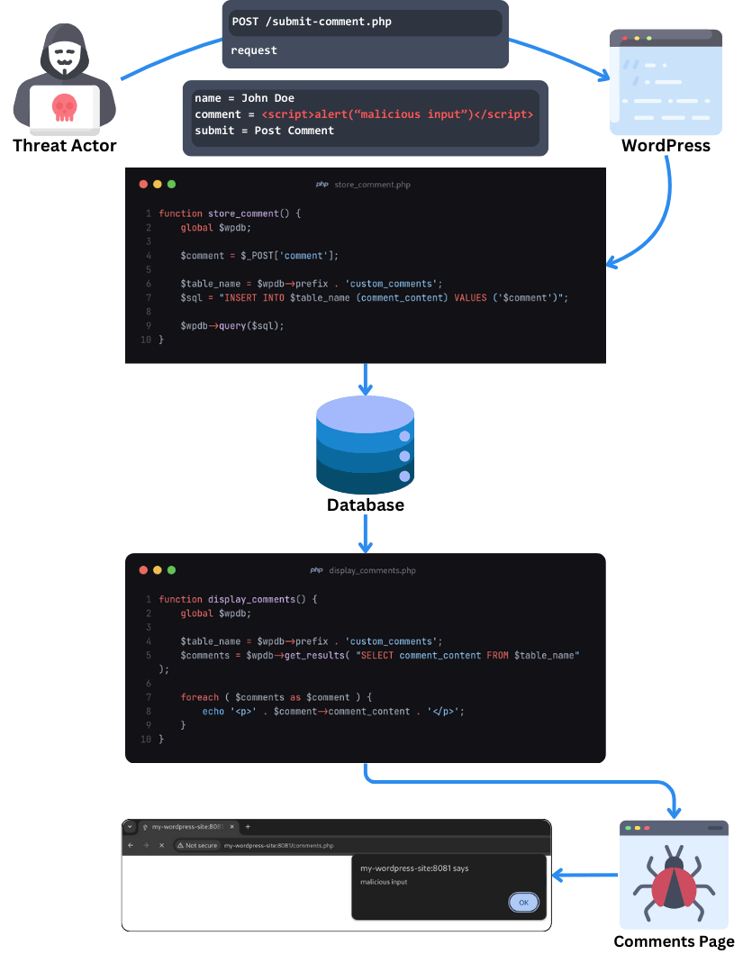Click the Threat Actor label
[65, 145]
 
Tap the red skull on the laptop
[63, 106]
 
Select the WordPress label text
[666, 145]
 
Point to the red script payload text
[397, 114]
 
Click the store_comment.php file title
[372, 185]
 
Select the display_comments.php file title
[372, 570]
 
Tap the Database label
[365, 504]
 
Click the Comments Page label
[674, 941]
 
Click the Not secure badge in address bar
[197, 846]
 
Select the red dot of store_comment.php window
[143, 185]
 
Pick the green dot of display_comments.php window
[172, 570]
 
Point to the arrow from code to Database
[365, 379]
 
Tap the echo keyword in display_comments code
[213, 711]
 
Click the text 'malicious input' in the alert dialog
[384, 882]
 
